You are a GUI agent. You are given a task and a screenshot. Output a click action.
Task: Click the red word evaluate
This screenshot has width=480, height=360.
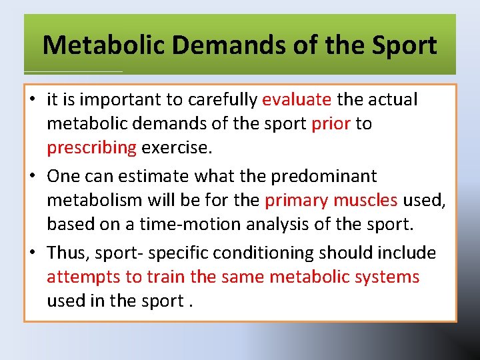297,100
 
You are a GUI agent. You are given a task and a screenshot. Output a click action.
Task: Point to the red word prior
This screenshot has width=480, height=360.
330,124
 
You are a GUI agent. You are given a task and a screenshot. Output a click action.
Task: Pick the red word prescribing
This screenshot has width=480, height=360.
91,148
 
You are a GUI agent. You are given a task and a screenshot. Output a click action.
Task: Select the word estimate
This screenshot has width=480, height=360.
158,177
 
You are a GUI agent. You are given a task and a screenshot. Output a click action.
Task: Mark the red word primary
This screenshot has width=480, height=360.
297,201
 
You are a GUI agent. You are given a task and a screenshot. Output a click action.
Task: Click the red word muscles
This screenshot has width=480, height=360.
366,201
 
